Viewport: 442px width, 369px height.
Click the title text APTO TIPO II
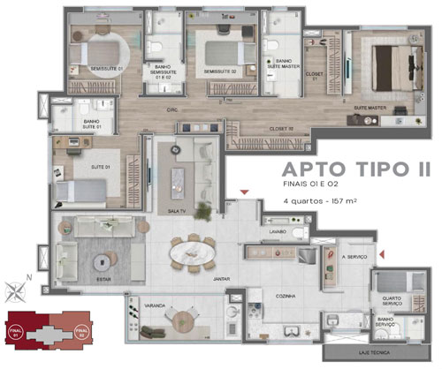tap(349, 169)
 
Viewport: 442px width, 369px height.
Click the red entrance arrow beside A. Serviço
tap(380, 255)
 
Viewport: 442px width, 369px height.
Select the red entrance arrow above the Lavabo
tap(248, 192)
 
